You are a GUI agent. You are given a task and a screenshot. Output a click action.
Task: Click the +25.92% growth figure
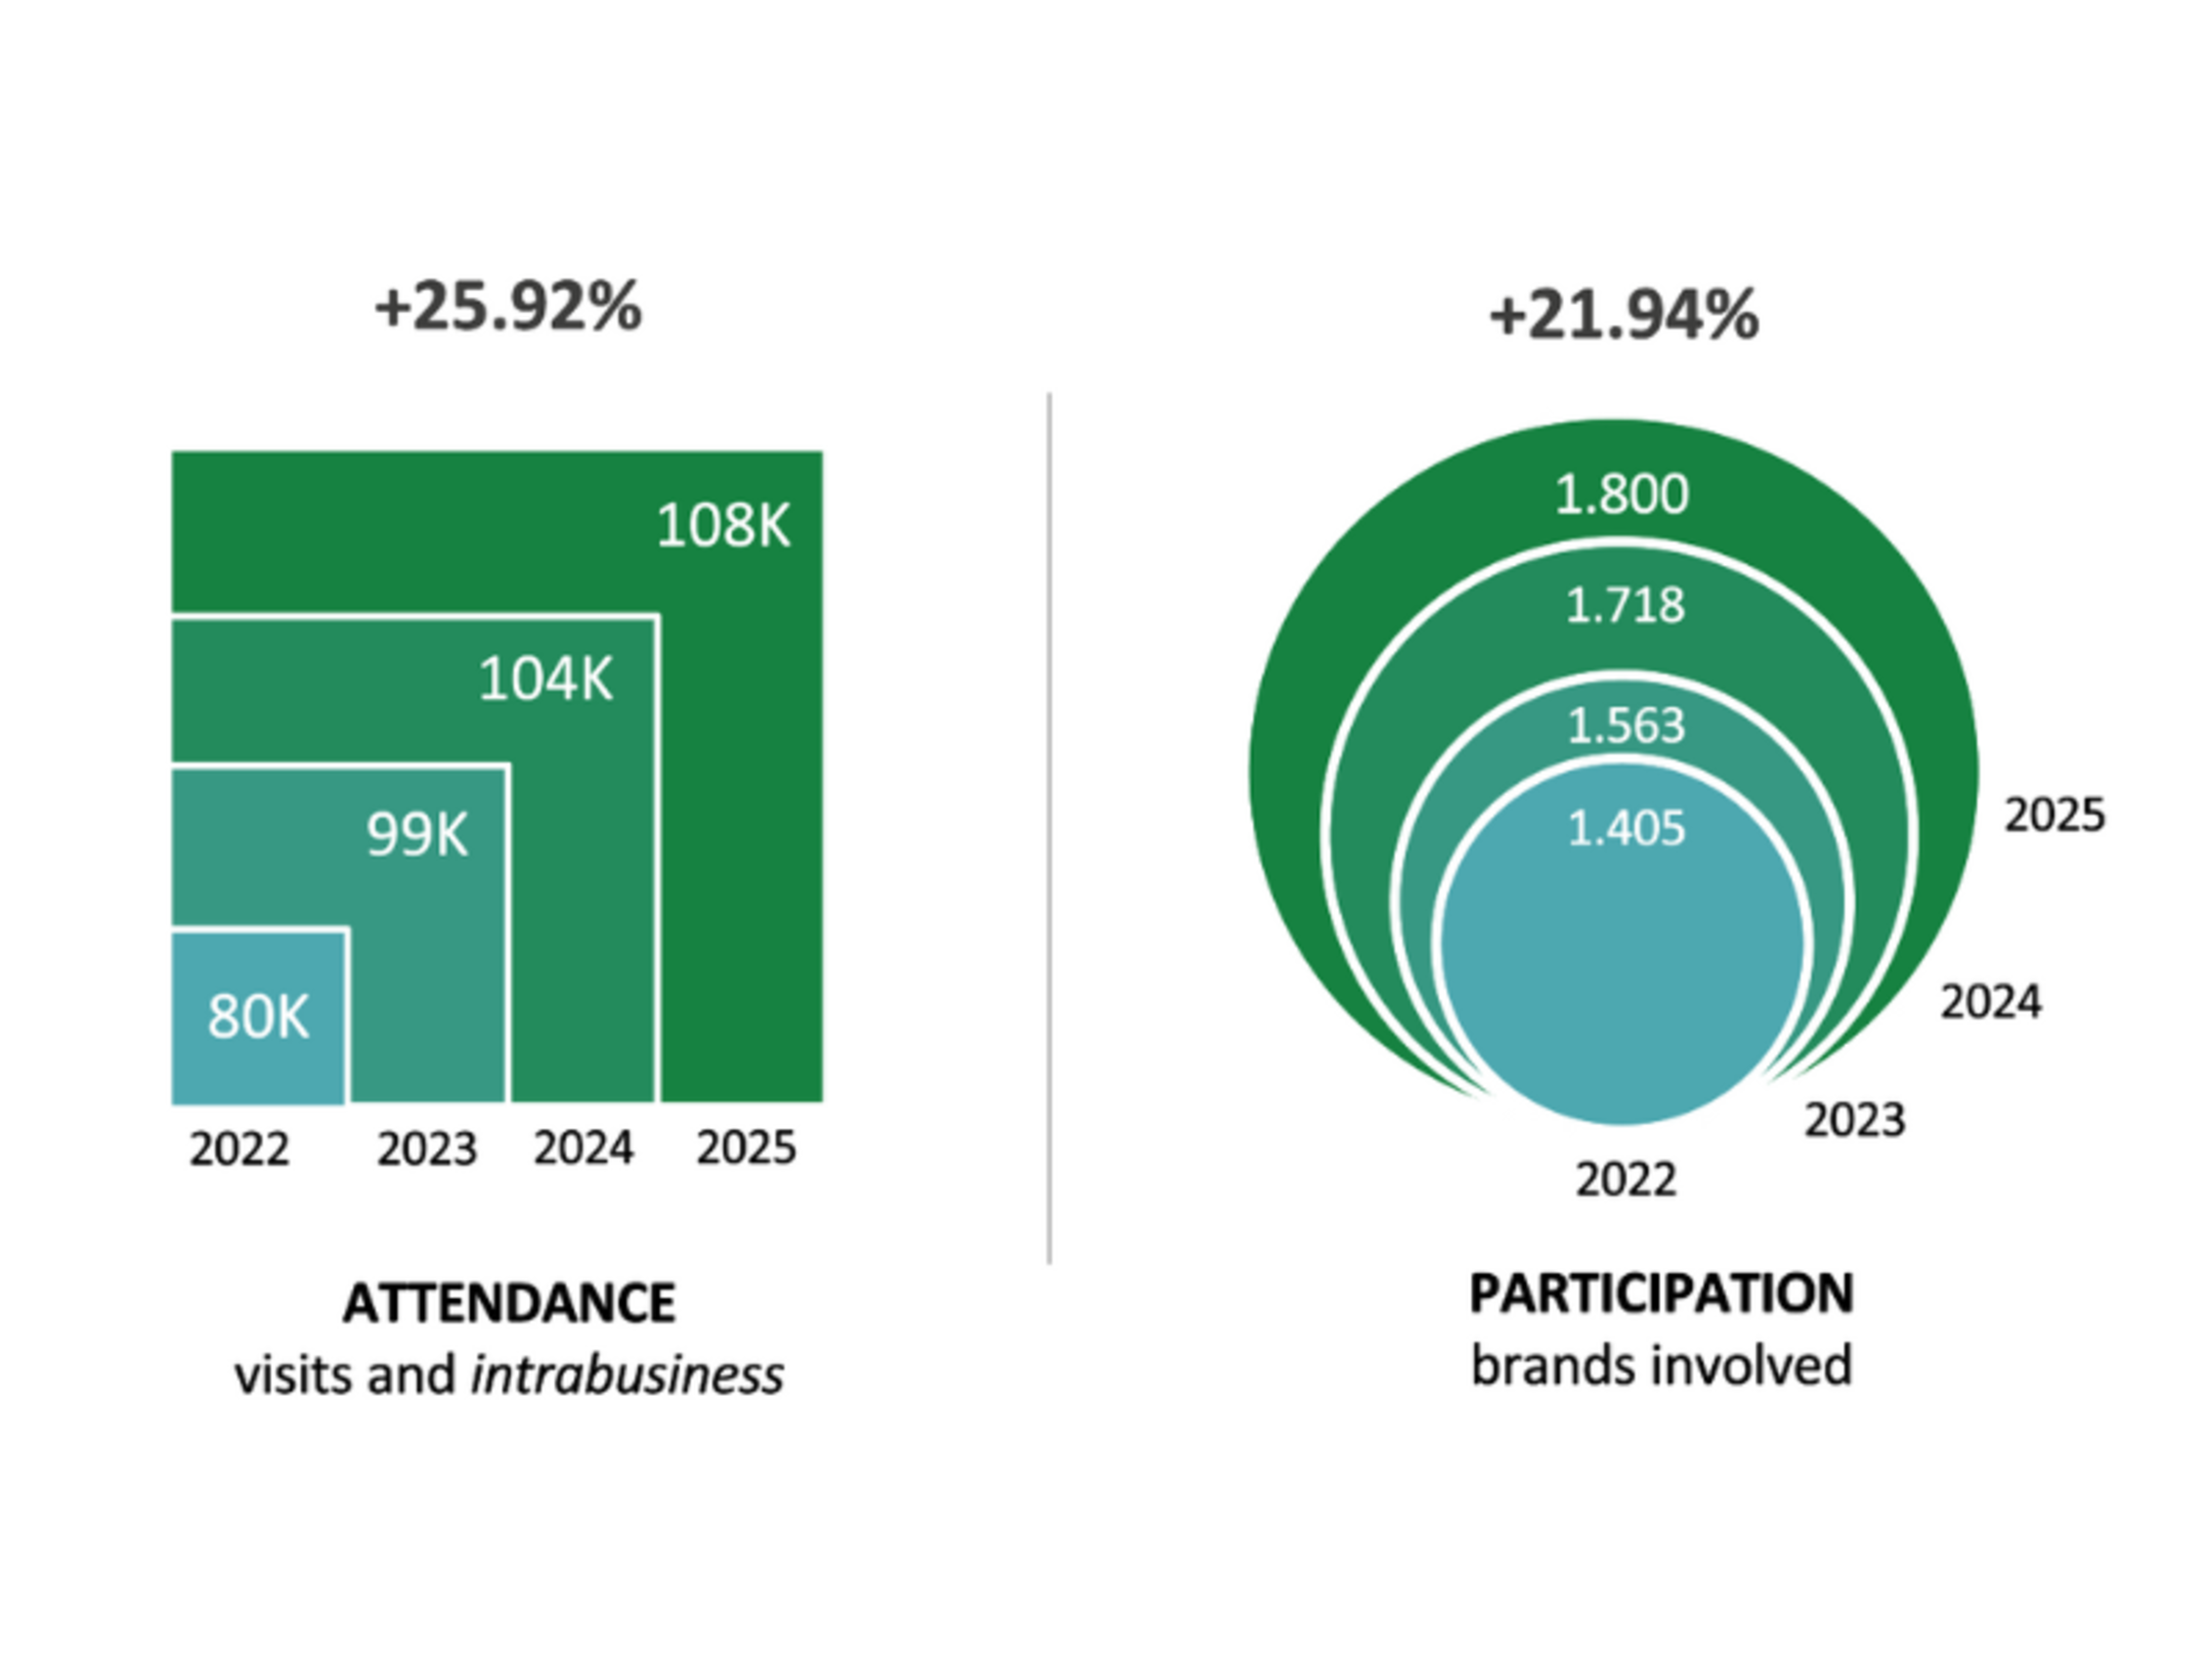(507, 307)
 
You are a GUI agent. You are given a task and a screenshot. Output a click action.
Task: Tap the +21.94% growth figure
(1623, 316)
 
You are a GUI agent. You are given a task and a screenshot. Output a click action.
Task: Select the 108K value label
(723, 524)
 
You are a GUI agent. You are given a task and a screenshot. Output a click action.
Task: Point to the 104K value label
(545, 679)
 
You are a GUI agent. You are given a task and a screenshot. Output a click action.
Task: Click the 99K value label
(417, 834)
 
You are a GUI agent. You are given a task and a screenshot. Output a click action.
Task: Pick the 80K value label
(259, 1017)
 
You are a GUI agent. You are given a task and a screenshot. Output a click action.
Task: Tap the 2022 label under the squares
(239, 1149)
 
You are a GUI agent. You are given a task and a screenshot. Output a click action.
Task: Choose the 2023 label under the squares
(427, 1149)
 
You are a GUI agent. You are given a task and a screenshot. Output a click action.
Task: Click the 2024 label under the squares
(584, 1148)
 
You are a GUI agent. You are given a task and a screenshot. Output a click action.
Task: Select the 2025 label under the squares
(746, 1148)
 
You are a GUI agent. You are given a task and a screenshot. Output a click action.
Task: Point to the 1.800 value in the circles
(1622, 494)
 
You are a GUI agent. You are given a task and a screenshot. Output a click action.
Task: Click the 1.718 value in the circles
(1624, 605)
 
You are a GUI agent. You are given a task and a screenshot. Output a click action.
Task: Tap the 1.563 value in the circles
(1625, 725)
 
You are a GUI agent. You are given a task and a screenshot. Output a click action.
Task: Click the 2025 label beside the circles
(2055, 815)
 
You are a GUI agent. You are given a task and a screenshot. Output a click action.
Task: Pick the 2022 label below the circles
(1625, 1180)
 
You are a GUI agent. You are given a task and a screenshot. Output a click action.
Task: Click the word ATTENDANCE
(509, 1303)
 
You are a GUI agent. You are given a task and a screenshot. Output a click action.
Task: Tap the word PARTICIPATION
(1662, 1294)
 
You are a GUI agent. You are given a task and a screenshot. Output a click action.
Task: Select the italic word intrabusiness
(628, 1375)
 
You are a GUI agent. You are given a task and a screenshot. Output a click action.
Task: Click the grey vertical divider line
(1050, 829)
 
